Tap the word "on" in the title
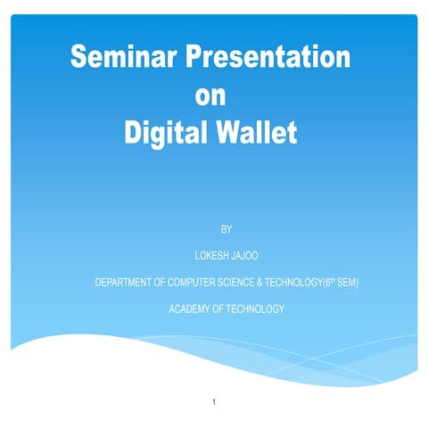[x=210, y=96]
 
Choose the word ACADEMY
[x=187, y=309]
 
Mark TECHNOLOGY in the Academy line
[x=253, y=309]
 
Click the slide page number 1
[x=214, y=403]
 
